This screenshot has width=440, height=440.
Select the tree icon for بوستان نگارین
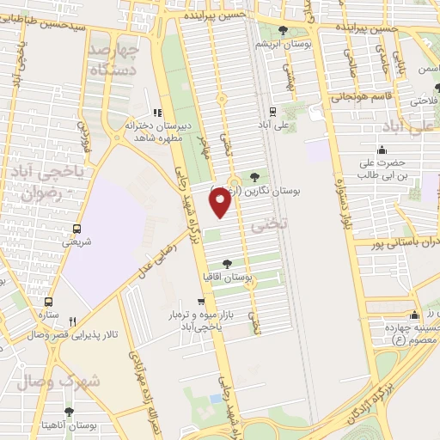tap(256, 178)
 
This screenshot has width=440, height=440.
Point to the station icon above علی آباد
tap(273, 112)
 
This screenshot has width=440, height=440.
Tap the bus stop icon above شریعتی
tap(77, 229)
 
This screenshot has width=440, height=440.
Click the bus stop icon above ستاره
tap(47, 302)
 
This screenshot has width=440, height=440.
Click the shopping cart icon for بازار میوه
tap(201, 302)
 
